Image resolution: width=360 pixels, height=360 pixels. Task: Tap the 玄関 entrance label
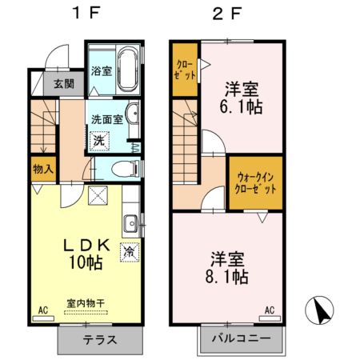(x=63, y=83)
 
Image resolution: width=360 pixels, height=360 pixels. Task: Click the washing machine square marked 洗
(x=99, y=139)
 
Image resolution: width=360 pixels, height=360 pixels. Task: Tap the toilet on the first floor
(x=120, y=168)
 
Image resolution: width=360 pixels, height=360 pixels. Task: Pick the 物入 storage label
(x=43, y=169)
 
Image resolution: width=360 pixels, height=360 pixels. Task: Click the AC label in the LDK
(x=42, y=308)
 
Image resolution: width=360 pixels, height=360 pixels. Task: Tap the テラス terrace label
(x=99, y=339)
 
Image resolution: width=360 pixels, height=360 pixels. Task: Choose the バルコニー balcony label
(x=240, y=339)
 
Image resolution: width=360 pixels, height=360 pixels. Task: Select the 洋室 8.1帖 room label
(x=229, y=268)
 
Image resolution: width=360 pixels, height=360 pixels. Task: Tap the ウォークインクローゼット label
(x=254, y=183)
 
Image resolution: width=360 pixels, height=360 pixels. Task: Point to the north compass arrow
(x=321, y=310)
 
